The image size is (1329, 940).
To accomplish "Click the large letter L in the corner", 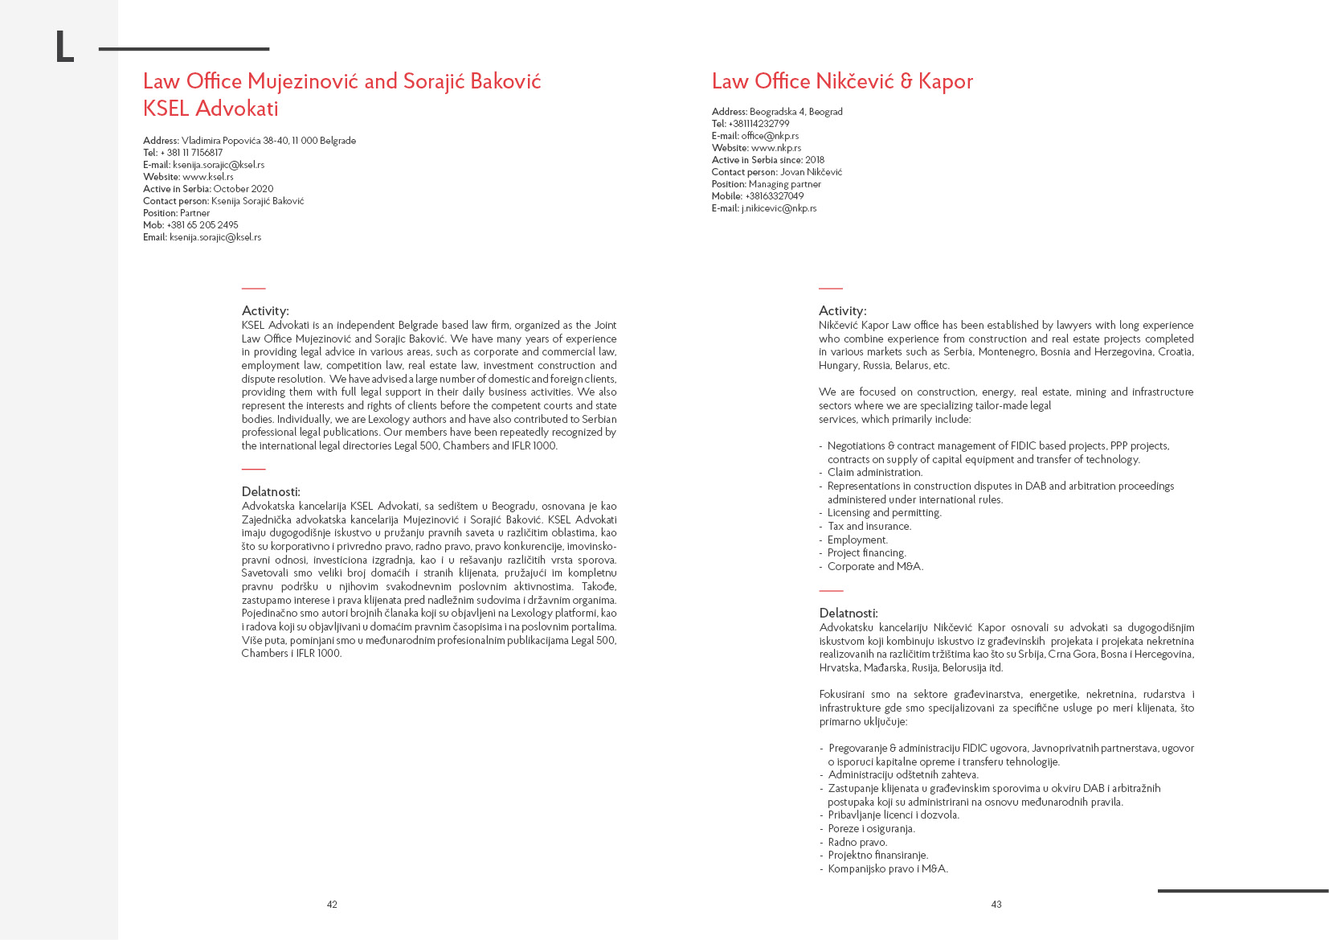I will (64, 47).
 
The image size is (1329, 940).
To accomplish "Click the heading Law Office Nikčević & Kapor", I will (842, 81).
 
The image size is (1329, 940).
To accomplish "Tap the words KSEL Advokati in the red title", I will (211, 109).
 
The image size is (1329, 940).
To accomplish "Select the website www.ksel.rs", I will (208, 177).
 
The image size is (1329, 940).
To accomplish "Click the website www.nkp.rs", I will (776, 148).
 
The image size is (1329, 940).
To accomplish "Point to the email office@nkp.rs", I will (770, 136).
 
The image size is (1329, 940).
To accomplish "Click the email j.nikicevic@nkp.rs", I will (779, 208).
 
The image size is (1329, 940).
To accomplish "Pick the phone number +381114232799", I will (759, 124).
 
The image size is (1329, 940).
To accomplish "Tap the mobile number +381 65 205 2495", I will (202, 225).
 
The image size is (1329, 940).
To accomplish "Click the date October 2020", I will (243, 189).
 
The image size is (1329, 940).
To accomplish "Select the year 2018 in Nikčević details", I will (815, 160).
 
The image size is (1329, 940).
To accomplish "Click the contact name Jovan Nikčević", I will (811, 172).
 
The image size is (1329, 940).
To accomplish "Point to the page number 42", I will (332, 905).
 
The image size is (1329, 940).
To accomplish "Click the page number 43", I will (996, 905).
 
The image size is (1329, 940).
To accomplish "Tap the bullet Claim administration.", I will (875, 473).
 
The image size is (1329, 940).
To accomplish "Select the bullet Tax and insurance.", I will (869, 527).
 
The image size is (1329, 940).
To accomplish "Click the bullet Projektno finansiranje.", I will (878, 856).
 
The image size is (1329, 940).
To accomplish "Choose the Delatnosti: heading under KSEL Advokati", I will (271, 492).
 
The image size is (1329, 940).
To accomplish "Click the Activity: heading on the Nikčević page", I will (842, 311).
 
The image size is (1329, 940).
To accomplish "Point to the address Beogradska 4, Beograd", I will (795, 112).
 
